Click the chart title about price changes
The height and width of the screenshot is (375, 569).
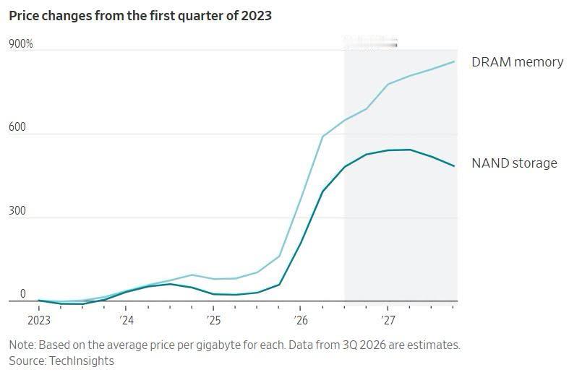click(140, 16)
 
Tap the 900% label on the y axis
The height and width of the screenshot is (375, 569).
click(21, 44)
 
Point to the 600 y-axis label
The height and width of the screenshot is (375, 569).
click(17, 127)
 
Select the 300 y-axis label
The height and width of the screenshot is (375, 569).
click(17, 211)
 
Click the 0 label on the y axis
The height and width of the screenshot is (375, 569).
click(23, 294)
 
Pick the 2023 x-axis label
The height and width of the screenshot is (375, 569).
click(39, 321)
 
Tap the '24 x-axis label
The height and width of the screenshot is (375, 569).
click(126, 321)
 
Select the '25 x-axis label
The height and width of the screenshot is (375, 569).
click(213, 321)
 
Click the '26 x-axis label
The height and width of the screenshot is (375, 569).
click(301, 321)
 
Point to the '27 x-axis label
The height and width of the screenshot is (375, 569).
click(388, 321)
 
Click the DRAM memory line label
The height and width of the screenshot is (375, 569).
click(518, 62)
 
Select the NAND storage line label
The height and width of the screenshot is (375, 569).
click(514, 163)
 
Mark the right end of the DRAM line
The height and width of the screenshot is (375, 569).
click(454, 61)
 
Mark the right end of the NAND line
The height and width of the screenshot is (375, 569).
click(454, 166)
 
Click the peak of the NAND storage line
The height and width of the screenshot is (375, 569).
click(410, 150)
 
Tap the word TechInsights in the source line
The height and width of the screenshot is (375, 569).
click(81, 361)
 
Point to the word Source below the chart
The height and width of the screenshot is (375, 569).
click(27, 361)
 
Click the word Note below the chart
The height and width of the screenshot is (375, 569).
click(22, 345)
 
